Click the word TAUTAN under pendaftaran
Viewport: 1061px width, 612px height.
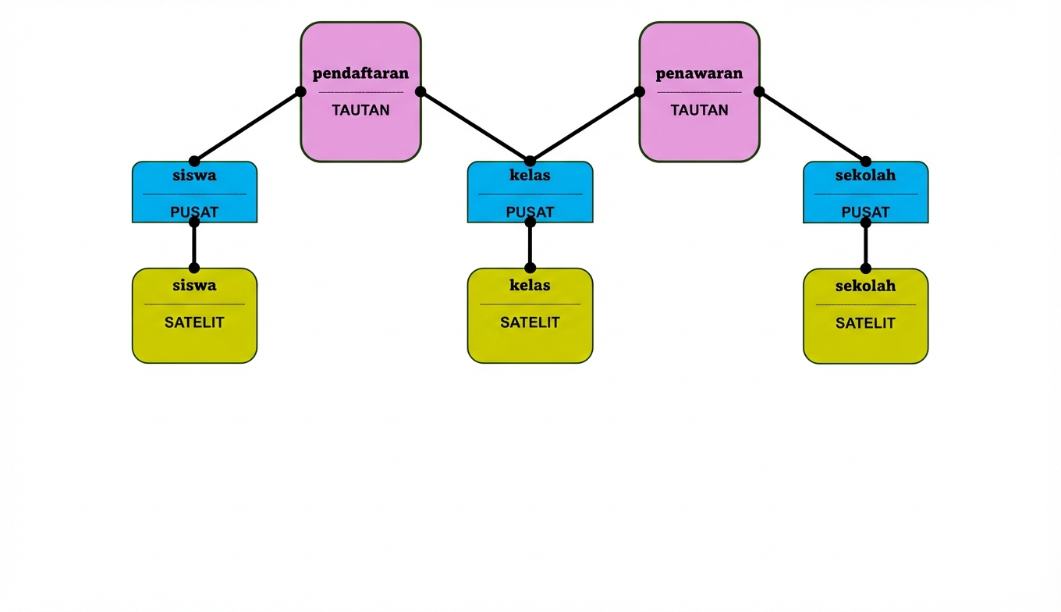360,110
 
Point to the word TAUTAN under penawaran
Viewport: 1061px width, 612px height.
699,110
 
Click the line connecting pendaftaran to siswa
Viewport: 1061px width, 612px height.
247,126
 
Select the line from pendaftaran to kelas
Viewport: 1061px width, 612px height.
475,126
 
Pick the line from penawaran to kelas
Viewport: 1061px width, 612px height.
584,126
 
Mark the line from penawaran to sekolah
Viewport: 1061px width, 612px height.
812,126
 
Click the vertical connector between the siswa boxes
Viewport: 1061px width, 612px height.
194,245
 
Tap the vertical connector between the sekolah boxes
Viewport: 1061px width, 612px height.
865,245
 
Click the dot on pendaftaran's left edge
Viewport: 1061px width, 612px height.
300,91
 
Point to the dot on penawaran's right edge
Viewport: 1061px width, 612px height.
759,91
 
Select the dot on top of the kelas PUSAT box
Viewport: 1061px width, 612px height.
530,162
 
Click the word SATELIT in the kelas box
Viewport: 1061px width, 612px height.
530,322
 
